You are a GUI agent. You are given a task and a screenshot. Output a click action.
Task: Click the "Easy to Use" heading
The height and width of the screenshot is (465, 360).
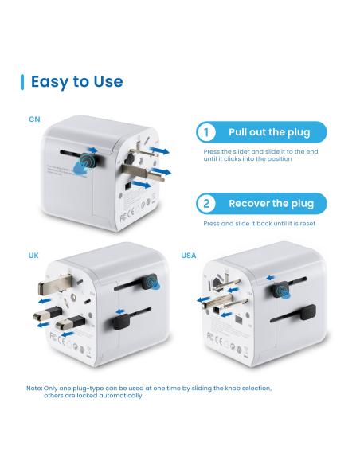pyautogui.click(x=76, y=81)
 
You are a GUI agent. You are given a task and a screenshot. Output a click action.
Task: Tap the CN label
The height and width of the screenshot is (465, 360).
pyautogui.click(x=34, y=119)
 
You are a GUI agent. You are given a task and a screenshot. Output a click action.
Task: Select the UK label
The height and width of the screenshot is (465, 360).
pyautogui.click(x=33, y=256)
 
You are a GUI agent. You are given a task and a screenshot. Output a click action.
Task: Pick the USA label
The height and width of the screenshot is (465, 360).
pyautogui.click(x=189, y=256)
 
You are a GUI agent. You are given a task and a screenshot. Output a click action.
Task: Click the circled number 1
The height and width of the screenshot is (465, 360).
pyautogui.click(x=207, y=132)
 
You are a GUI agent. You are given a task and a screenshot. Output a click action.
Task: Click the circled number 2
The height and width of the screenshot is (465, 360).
pyautogui.click(x=207, y=203)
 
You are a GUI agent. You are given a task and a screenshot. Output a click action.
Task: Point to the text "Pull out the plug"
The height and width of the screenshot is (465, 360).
pyautogui.click(x=268, y=132)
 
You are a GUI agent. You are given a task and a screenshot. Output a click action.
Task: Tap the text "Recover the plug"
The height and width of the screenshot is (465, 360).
pyautogui.click(x=271, y=203)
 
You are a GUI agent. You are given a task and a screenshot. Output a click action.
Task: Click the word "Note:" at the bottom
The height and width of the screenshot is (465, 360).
pyautogui.click(x=34, y=389)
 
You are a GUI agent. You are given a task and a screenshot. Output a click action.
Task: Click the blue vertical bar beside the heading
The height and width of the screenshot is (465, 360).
pyautogui.click(x=22, y=81)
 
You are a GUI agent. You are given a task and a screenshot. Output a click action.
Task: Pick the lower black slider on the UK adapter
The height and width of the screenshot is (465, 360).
pyautogui.click(x=121, y=321)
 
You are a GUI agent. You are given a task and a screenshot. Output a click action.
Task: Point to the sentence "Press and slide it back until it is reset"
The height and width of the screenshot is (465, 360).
pyautogui.click(x=259, y=224)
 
